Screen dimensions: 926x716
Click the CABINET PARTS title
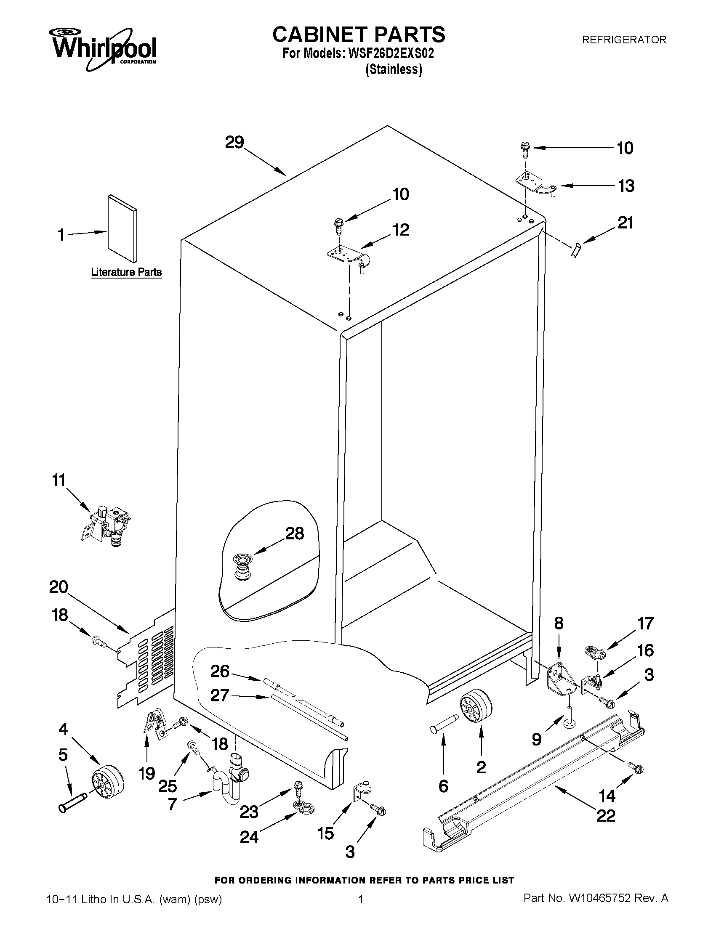pos(359,34)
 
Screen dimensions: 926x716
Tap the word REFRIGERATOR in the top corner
pos(623,40)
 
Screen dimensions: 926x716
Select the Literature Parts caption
pos(126,272)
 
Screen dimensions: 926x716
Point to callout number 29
pos(234,143)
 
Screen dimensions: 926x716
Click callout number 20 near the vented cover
pos(59,587)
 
